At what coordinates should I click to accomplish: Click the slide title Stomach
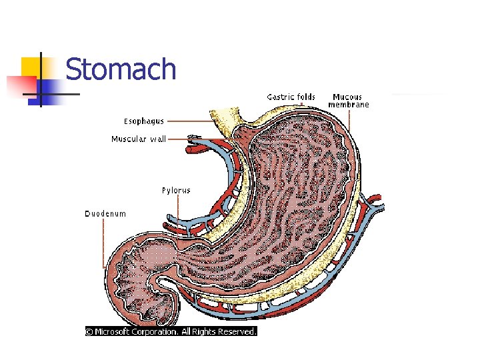click(x=121, y=70)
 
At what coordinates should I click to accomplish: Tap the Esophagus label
click(x=143, y=121)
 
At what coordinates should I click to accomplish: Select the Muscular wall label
click(x=138, y=139)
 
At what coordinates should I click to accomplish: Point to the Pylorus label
click(x=176, y=191)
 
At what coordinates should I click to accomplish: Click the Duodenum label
click(x=105, y=214)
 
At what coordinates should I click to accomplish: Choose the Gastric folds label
click(x=291, y=97)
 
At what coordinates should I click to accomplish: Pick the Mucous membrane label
click(x=350, y=101)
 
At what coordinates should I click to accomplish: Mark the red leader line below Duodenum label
click(x=104, y=243)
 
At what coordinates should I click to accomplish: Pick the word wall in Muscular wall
click(x=158, y=139)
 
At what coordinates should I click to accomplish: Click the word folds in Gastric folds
click(x=305, y=97)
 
